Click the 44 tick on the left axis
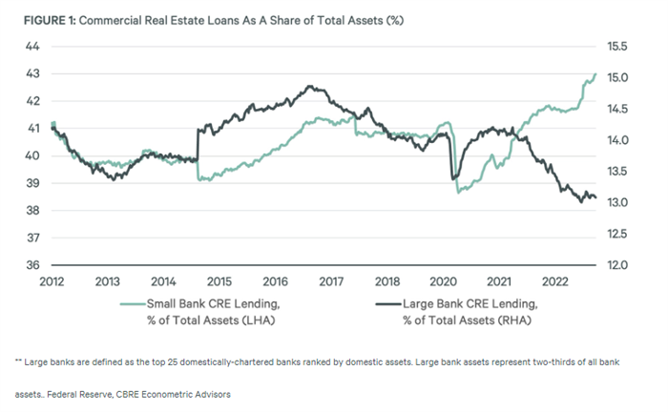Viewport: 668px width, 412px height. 32,46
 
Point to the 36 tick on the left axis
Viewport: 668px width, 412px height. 32,265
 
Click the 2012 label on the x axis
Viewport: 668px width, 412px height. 53,281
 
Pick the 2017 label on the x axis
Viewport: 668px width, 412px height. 330,281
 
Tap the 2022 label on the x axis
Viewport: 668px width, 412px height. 553,281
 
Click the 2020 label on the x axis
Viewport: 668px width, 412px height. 442,281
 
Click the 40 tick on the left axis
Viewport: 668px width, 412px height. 32,155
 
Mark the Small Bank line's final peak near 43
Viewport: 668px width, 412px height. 595,74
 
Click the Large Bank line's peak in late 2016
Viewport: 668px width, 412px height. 310,86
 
